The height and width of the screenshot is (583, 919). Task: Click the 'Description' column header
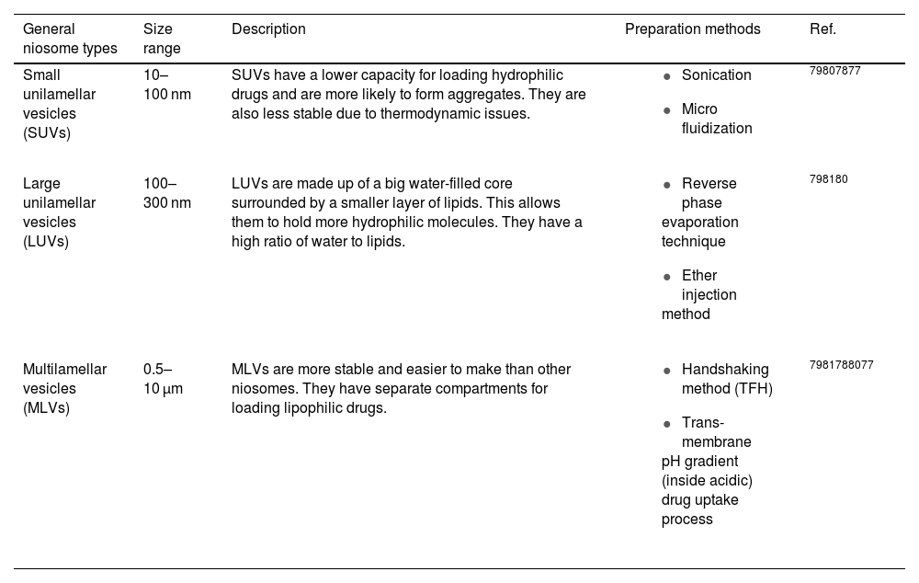tap(268, 29)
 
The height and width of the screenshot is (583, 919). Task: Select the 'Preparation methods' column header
tap(692, 29)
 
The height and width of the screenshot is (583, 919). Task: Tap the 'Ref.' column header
tap(823, 29)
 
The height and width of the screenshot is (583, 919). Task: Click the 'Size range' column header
tap(162, 39)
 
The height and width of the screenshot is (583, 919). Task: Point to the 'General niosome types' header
tap(70, 39)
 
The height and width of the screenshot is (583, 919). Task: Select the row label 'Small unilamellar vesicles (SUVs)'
tap(59, 104)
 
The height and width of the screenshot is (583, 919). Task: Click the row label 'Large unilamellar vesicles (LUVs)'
tap(59, 212)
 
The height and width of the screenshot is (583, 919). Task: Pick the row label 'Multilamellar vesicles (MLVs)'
tap(64, 388)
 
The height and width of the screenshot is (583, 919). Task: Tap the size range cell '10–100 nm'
tap(166, 85)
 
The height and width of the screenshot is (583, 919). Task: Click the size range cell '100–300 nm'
tap(166, 193)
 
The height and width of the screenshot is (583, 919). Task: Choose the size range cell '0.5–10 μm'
tap(163, 379)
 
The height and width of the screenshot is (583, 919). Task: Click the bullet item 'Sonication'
tap(716, 75)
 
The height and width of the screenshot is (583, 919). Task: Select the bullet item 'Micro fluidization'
tap(716, 119)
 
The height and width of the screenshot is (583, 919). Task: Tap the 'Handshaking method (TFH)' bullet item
tap(726, 379)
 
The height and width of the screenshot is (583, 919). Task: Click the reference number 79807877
tap(834, 71)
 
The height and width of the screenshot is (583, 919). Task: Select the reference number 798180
tap(828, 179)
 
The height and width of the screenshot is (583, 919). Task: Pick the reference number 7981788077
tap(841, 365)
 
